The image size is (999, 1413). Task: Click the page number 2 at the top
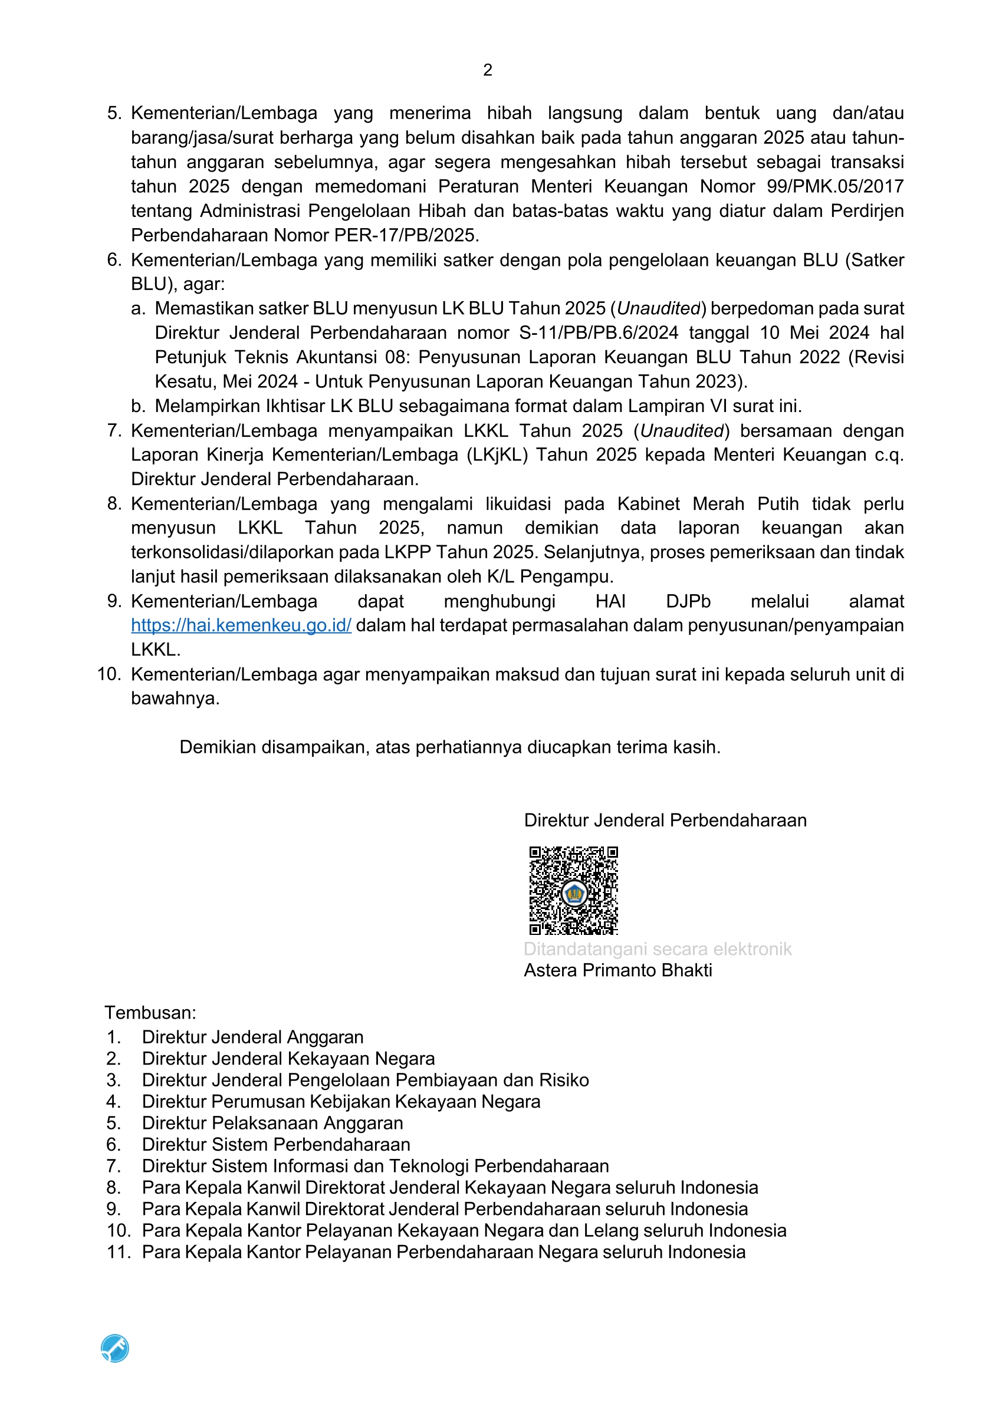click(488, 70)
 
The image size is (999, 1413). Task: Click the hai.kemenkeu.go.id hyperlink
click(241, 625)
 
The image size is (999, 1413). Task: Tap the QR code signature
click(574, 891)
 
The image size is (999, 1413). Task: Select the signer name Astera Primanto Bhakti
click(617, 970)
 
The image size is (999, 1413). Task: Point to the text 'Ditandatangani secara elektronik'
click(657, 949)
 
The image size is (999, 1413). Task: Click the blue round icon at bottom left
click(115, 1348)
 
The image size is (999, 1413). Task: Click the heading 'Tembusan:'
click(150, 1013)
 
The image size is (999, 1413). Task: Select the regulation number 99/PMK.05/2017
click(834, 186)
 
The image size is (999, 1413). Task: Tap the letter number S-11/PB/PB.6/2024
click(599, 333)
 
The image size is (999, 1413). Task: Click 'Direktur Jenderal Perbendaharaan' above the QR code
click(665, 821)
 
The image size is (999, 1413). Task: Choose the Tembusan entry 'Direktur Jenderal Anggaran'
click(252, 1037)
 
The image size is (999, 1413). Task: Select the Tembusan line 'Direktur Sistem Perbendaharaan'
click(276, 1144)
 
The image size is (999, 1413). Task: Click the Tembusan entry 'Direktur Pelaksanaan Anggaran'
click(272, 1122)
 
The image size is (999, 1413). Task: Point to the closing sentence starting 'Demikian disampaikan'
click(449, 747)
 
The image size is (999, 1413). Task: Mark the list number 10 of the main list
click(109, 674)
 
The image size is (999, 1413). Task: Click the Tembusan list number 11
click(118, 1251)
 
